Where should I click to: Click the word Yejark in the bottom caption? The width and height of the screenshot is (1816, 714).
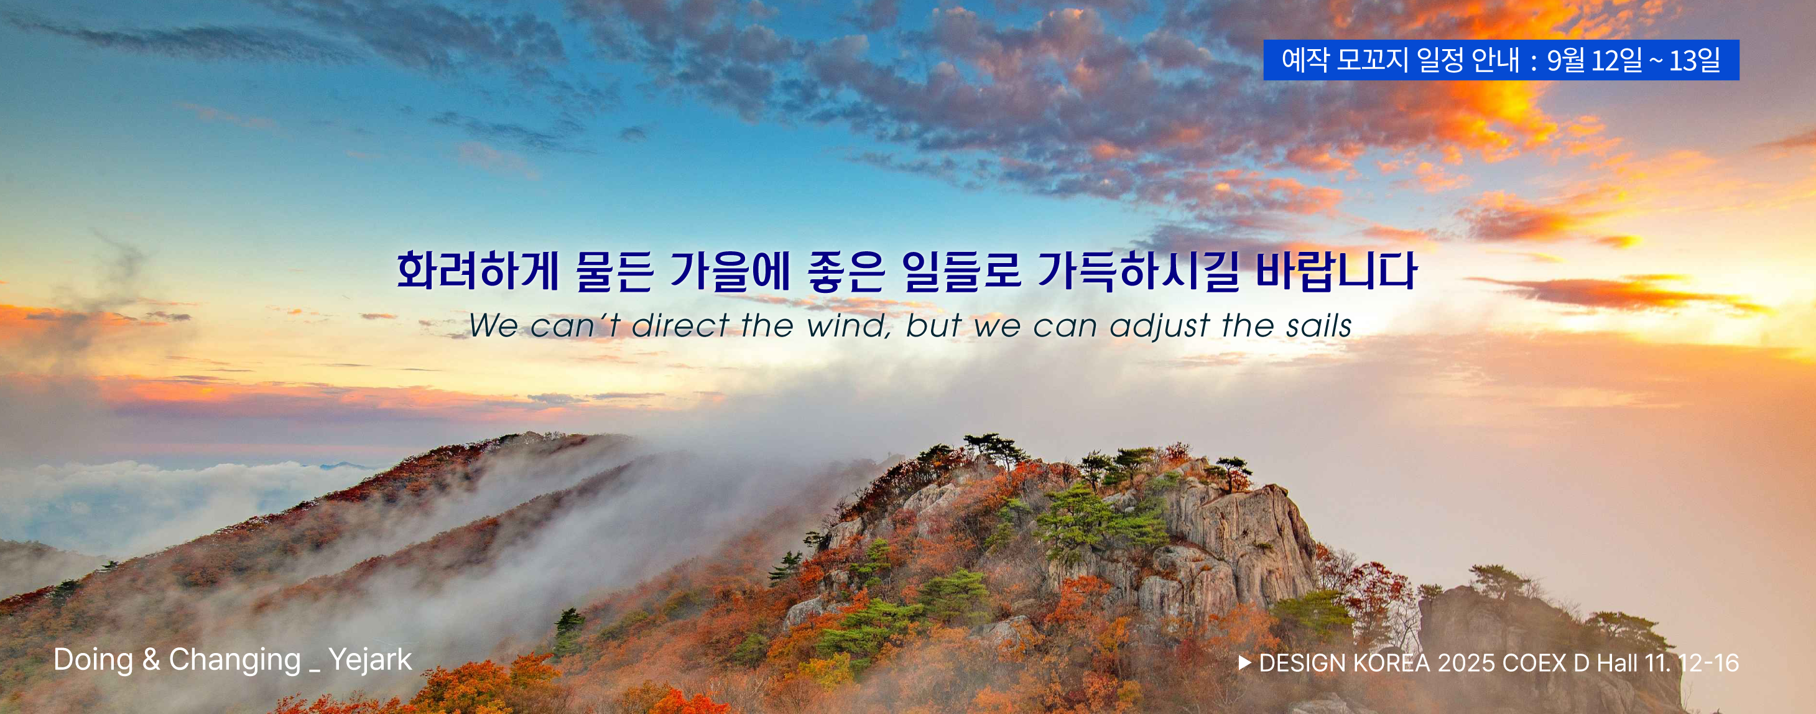370,660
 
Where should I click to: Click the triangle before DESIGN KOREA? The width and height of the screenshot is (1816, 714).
1245,662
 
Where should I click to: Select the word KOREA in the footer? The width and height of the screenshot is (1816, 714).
1392,663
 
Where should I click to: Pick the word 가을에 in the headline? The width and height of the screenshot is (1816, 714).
730,271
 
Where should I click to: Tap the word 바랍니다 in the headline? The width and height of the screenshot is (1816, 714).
1336,271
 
